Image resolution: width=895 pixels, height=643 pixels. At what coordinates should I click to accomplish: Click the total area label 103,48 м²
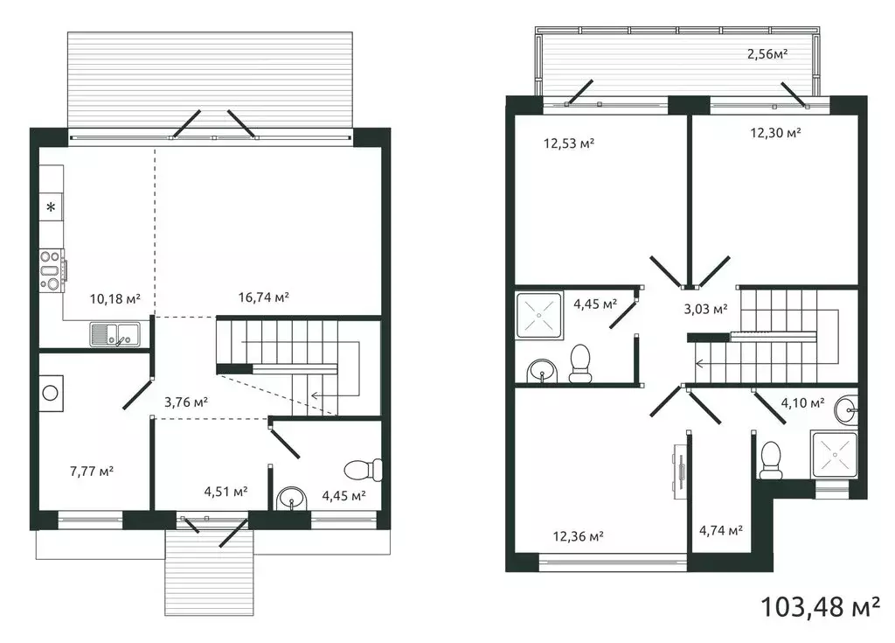820,605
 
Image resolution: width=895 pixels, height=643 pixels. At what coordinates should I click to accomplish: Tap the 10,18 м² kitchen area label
115,298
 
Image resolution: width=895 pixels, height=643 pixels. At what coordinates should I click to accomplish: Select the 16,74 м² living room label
264,297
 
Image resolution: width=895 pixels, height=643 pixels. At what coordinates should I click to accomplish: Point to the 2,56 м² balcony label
767,54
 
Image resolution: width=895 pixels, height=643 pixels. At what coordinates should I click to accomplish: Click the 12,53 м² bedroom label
569,143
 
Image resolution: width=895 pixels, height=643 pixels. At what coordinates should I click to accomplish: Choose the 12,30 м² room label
775,133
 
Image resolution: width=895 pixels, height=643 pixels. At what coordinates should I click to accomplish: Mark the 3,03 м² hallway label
705,309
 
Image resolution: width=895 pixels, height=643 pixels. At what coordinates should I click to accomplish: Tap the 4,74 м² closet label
721,530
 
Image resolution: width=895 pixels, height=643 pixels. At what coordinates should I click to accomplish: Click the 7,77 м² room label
92,471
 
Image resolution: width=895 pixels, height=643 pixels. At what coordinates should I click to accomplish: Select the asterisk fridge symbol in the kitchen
51,207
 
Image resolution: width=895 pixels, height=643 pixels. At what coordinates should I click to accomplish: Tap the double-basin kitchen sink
114,333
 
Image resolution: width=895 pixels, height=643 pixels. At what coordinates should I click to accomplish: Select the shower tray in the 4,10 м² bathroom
836,455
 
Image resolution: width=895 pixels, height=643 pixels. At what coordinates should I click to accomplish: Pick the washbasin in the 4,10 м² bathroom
846,409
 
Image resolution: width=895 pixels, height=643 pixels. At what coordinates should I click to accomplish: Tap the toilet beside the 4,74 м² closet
770,460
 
